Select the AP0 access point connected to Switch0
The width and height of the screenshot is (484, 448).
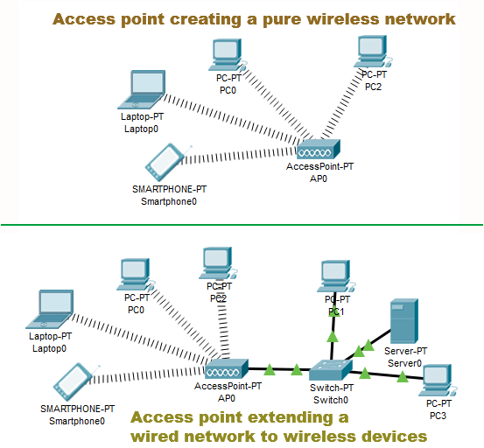click(x=225, y=367)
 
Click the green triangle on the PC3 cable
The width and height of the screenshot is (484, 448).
click(x=402, y=377)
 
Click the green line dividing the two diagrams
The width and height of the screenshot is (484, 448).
click(x=242, y=225)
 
